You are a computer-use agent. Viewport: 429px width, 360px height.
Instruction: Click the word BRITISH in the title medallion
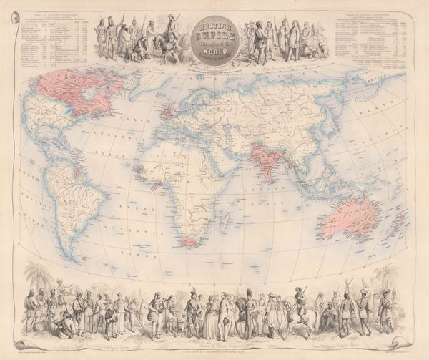click(214, 24)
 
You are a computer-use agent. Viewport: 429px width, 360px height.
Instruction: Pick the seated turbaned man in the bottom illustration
click(64, 322)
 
